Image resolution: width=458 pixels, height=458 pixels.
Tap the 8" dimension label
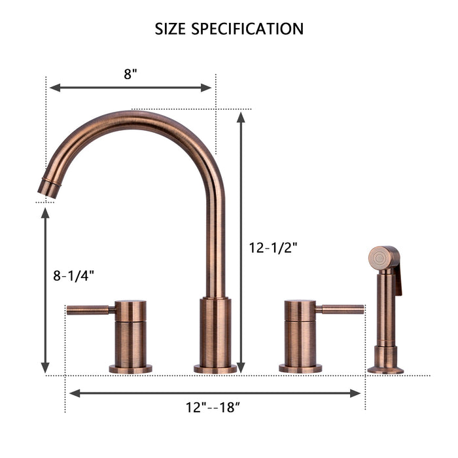coord(130,74)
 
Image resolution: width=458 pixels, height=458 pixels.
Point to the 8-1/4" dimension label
coord(74,275)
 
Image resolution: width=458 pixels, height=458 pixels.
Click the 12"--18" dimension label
coord(213,407)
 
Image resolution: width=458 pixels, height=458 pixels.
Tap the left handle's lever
coord(90,309)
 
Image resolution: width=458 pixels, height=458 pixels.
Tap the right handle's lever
coord(341,309)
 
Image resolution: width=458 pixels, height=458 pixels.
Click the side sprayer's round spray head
coord(379,258)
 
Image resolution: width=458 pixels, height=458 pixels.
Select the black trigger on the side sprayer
coord(398,280)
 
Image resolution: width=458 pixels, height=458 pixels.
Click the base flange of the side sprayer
coord(385,370)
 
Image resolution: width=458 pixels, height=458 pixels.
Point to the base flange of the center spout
coord(215,369)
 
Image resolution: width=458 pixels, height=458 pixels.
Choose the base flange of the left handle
coord(130,369)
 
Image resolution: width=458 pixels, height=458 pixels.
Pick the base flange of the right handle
coord(300,368)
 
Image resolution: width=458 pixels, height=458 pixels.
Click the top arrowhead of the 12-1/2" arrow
coord(241,117)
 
